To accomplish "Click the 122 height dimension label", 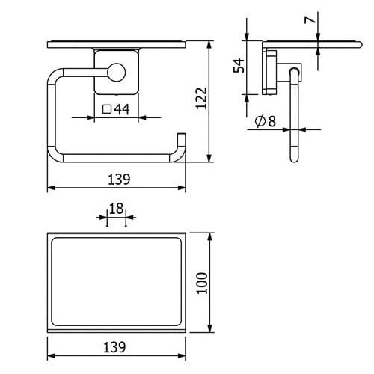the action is [201, 98].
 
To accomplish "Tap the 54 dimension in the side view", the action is [239, 65].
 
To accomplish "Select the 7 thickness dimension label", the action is [310, 19].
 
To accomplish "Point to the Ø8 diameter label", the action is [266, 121].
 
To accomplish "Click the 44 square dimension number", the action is [122, 109].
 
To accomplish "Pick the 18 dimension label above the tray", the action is [116, 209].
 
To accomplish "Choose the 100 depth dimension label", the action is [202, 283].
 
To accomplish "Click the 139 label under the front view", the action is [119, 179].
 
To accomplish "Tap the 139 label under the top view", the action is [114, 347].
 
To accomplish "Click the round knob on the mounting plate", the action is [117, 73].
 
